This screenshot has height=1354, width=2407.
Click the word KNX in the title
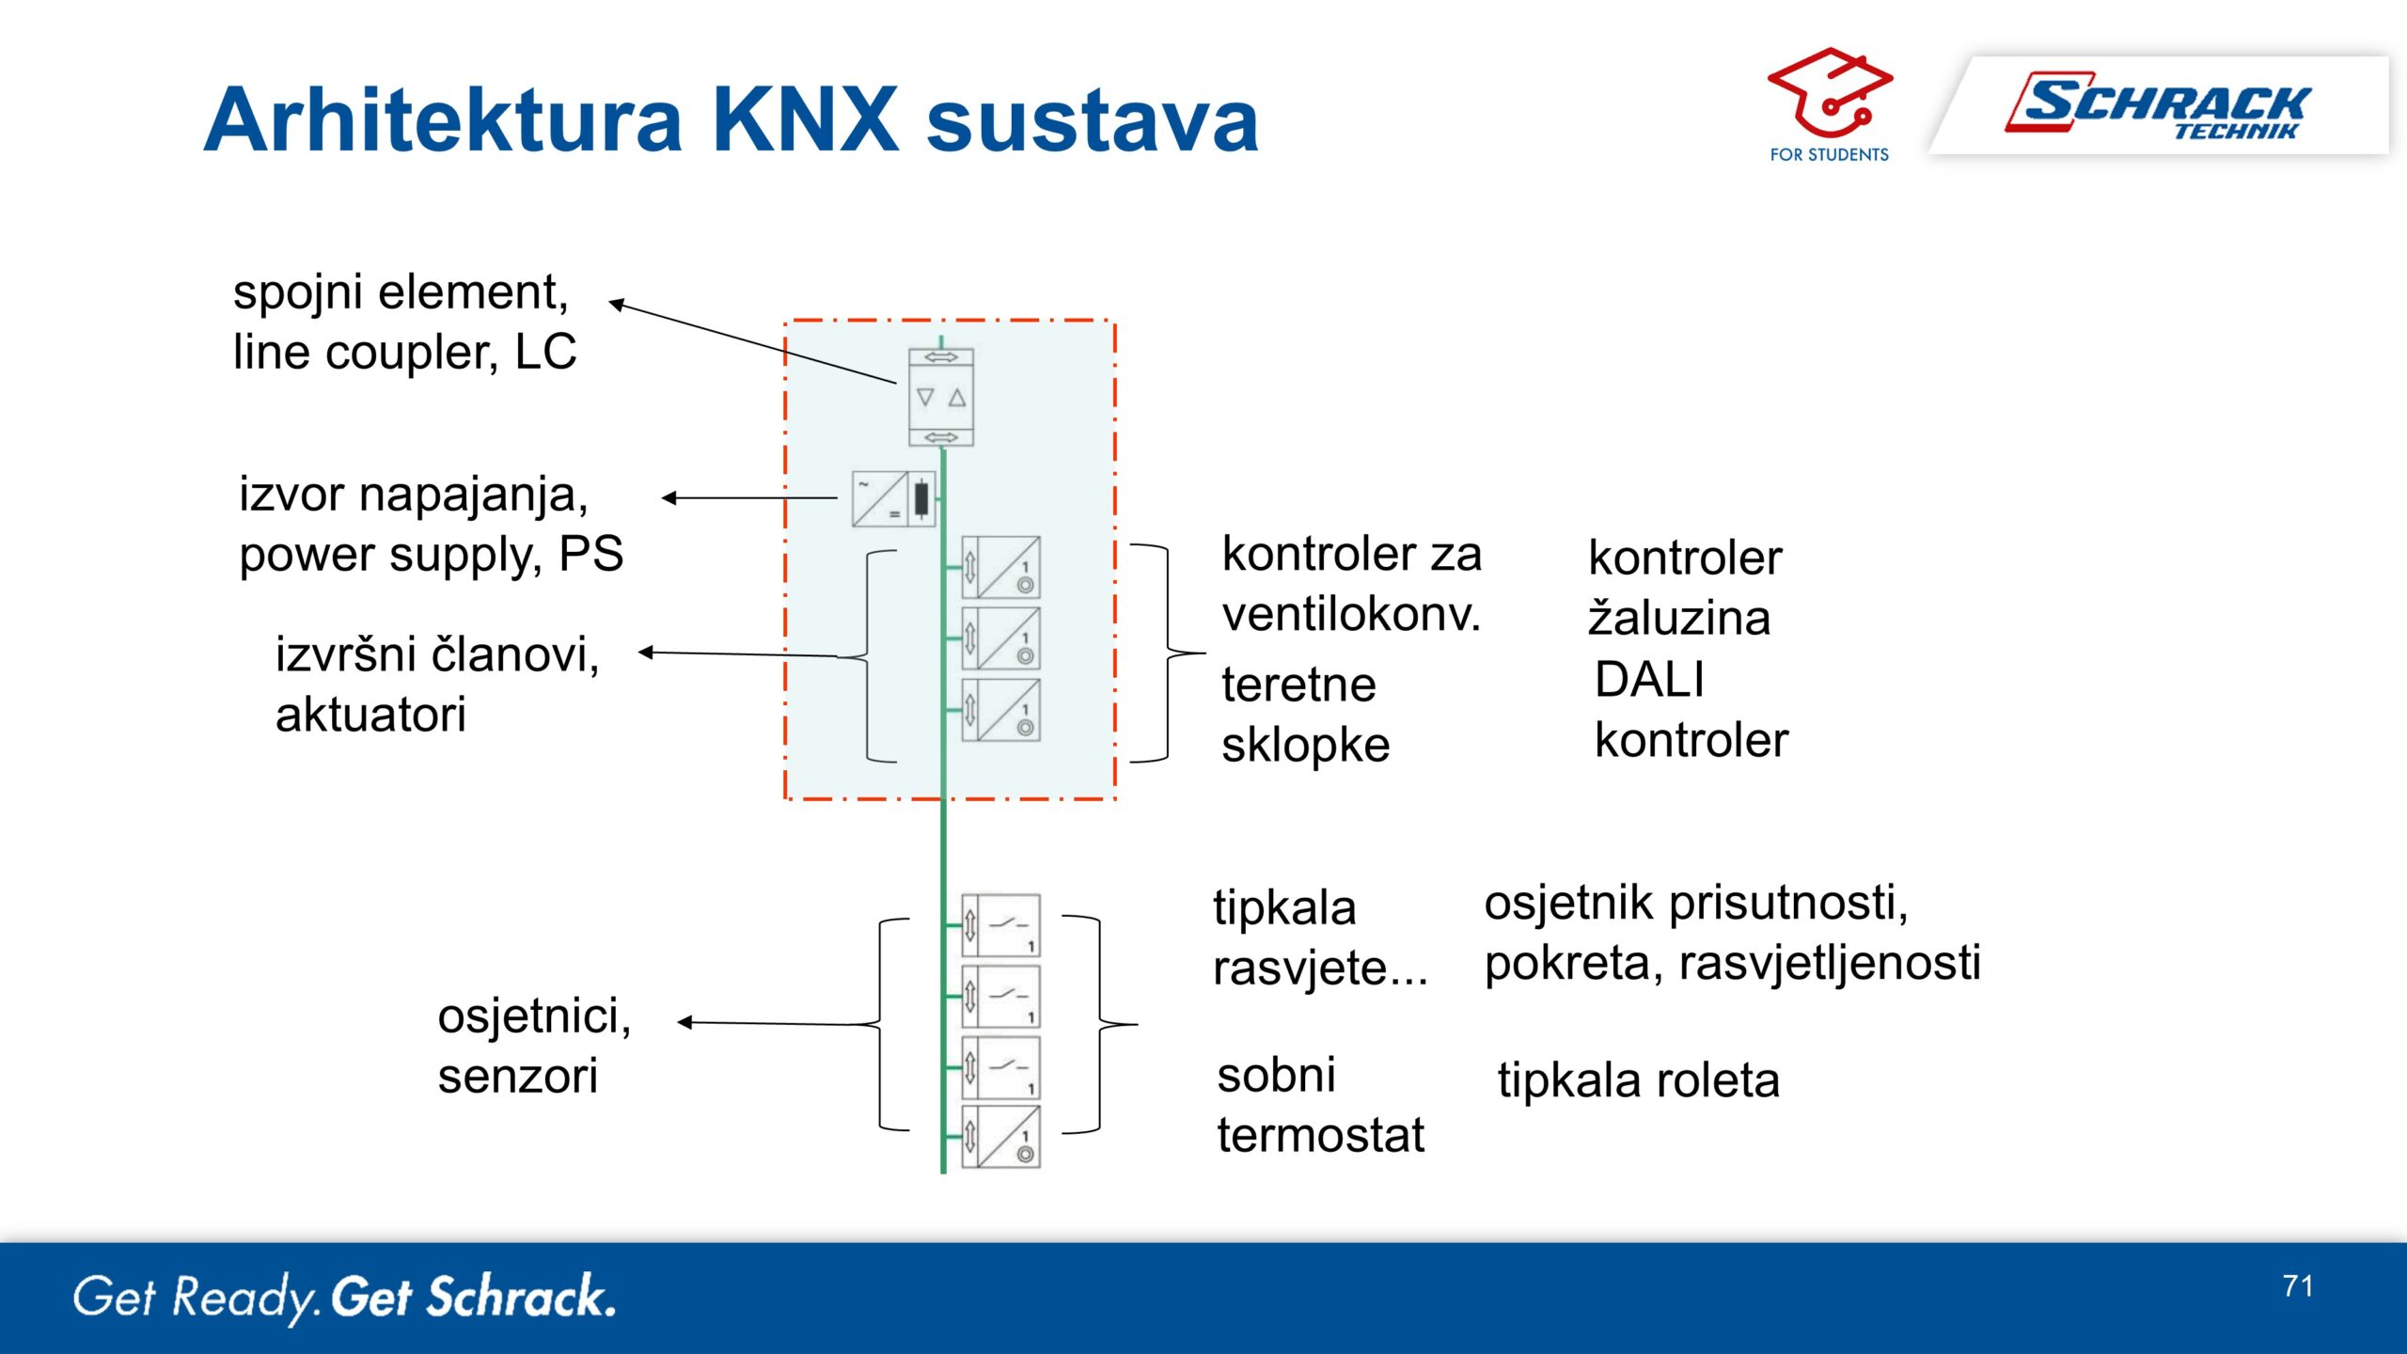click(x=806, y=119)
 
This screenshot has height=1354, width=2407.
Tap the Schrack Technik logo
click(x=2157, y=105)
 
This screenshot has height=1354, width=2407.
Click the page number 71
click(x=2298, y=1285)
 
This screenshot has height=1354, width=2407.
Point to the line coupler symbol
click(x=941, y=397)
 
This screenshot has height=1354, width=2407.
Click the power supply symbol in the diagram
click(x=893, y=499)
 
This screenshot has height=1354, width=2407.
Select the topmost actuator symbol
click(x=1001, y=567)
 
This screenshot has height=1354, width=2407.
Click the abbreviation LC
click(x=545, y=352)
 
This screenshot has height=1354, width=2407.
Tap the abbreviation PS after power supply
click(x=590, y=553)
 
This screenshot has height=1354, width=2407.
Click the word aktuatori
click(x=370, y=715)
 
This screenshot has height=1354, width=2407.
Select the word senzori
click(x=517, y=1076)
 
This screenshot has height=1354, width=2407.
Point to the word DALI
click(x=1649, y=679)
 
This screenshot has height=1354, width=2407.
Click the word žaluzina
click(x=1679, y=618)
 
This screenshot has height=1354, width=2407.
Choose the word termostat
click(x=1320, y=1135)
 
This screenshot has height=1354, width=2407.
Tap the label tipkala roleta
click(x=1638, y=1079)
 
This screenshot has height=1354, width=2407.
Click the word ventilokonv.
click(x=1352, y=614)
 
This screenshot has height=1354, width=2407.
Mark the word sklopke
click(x=1305, y=745)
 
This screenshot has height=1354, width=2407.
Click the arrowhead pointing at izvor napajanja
click(x=669, y=498)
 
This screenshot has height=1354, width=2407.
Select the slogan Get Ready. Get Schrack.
click(x=345, y=1298)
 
